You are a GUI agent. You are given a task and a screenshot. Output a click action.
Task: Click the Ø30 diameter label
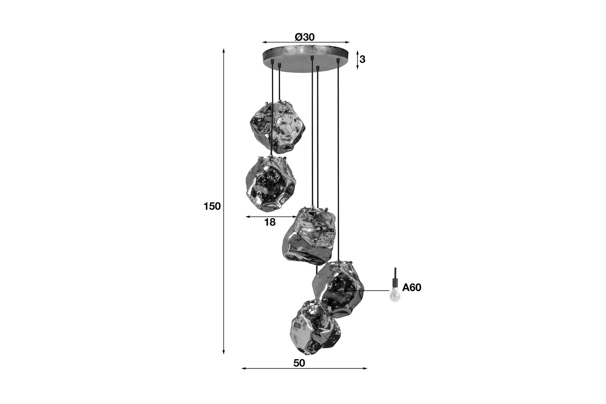(305, 37)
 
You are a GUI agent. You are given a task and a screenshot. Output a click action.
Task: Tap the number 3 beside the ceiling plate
(362, 59)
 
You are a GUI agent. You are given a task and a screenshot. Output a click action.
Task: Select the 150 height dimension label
(212, 206)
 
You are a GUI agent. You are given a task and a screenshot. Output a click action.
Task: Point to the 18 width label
(270, 222)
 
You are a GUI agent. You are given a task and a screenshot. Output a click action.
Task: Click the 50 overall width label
(299, 363)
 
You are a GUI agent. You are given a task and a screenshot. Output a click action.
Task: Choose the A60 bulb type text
(412, 287)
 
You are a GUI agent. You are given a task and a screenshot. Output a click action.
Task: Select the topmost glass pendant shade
(277, 127)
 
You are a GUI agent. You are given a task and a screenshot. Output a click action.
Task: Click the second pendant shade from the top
(271, 184)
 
